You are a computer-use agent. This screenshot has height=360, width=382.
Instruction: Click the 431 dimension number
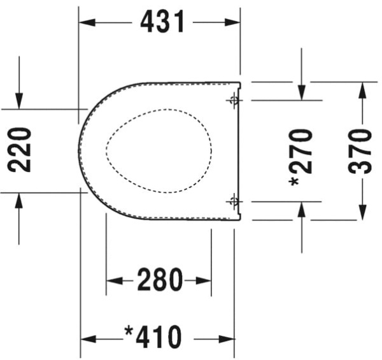pyautogui.click(x=162, y=22)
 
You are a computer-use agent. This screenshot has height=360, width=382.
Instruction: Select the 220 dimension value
pyautogui.click(x=20, y=150)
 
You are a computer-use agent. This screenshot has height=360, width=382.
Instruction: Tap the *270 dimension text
pyautogui.click(x=301, y=158)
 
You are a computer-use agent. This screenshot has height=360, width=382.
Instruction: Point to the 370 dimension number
pyautogui.click(x=360, y=152)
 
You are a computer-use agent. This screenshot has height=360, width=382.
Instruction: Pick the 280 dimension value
pyautogui.click(x=160, y=280)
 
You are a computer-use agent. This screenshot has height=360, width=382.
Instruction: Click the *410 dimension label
pyautogui.click(x=153, y=337)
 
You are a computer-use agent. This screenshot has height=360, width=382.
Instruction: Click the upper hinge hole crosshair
pyautogui.click(x=234, y=100)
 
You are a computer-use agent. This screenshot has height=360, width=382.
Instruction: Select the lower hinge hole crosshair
pyautogui.click(x=234, y=201)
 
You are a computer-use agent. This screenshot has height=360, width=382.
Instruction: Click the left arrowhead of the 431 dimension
pyautogui.click(x=87, y=22)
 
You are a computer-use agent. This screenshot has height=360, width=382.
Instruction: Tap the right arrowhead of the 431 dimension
pyautogui.click(x=232, y=22)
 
